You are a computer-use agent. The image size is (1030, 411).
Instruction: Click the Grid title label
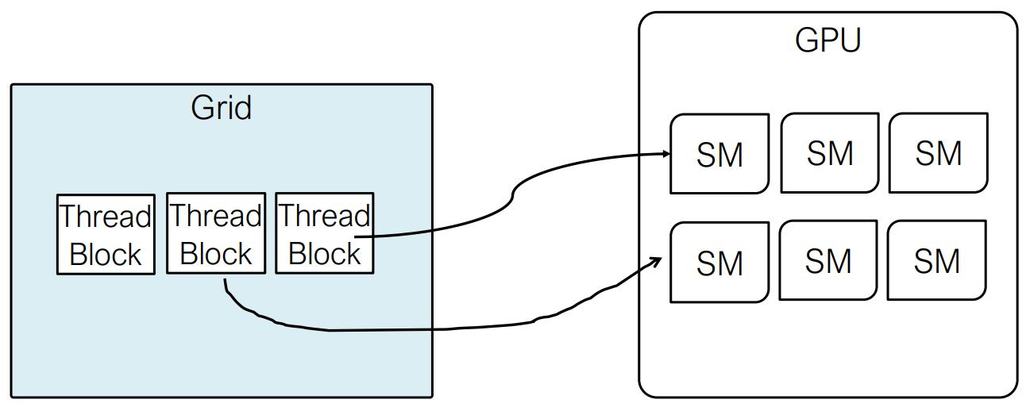pyautogui.click(x=221, y=108)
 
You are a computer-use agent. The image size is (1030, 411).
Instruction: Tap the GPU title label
pyautogui.click(x=827, y=40)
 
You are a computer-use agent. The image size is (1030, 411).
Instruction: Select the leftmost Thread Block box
pyautogui.click(x=106, y=235)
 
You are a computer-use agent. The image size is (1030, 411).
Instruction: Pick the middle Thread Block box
pyautogui.click(x=215, y=233)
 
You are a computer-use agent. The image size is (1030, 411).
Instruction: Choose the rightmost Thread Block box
pyautogui.click(x=324, y=233)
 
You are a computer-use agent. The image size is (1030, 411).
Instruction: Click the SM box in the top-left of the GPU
pyautogui.click(x=719, y=154)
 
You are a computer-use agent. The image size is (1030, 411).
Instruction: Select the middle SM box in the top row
pyautogui.click(x=830, y=152)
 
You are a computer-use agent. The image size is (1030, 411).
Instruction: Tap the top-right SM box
pyautogui.click(x=938, y=152)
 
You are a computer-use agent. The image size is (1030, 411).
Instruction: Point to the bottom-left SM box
pyautogui.click(x=719, y=263)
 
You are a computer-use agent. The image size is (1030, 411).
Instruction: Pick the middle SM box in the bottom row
pyautogui.click(x=828, y=260)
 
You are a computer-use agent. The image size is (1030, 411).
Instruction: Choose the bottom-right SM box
pyautogui.click(x=936, y=260)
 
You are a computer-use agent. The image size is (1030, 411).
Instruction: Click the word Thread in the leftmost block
pyautogui.click(x=106, y=216)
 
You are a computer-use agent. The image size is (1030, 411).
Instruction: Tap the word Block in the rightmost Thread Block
pyautogui.click(x=324, y=254)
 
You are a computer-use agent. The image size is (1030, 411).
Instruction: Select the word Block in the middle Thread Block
pyautogui.click(x=215, y=254)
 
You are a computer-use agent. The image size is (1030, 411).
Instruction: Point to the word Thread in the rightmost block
pyautogui.click(x=324, y=216)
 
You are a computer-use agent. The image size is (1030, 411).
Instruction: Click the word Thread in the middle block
pyautogui.click(x=215, y=215)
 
